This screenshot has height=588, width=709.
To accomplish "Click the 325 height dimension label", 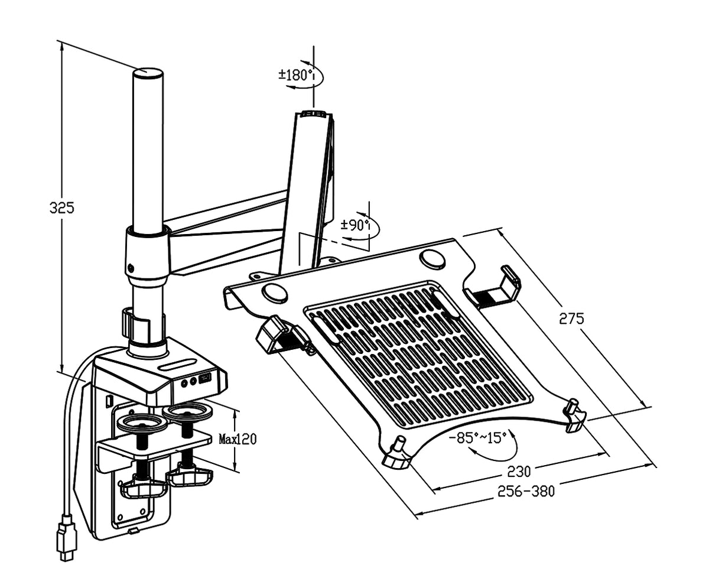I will (x=61, y=208).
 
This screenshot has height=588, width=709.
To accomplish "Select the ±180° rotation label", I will (x=295, y=75).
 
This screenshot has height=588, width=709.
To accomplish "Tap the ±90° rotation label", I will (x=356, y=225).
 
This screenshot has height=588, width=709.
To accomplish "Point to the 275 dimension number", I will (x=571, y=319).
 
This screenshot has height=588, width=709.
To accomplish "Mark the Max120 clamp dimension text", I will (x=238, y=439).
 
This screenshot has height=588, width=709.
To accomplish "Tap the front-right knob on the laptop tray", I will (x=573, y=415).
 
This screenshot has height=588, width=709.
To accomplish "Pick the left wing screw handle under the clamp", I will (x=143, y=488).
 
